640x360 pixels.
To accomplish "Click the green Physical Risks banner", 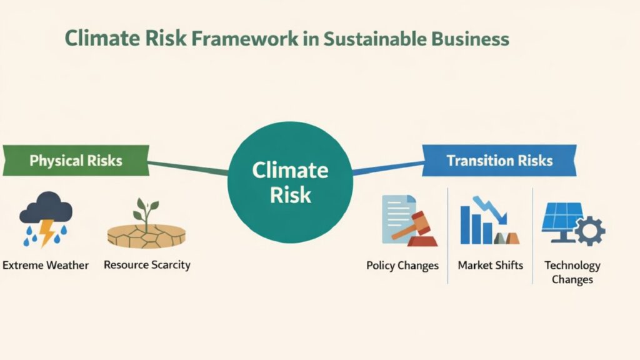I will [76, 161].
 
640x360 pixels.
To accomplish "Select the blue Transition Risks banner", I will [499, 161].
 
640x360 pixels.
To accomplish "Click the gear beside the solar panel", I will [589, 231].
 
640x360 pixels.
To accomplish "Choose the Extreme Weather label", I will [46, 265].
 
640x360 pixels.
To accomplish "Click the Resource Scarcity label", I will [147, 264].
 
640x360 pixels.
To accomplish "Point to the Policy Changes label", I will [402, 266].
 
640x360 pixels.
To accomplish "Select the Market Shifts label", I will [490, 266].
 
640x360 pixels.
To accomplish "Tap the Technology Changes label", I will [572, 272].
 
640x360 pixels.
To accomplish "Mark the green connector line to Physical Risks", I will [187, 167].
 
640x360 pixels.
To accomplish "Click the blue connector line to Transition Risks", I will [387, 167].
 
